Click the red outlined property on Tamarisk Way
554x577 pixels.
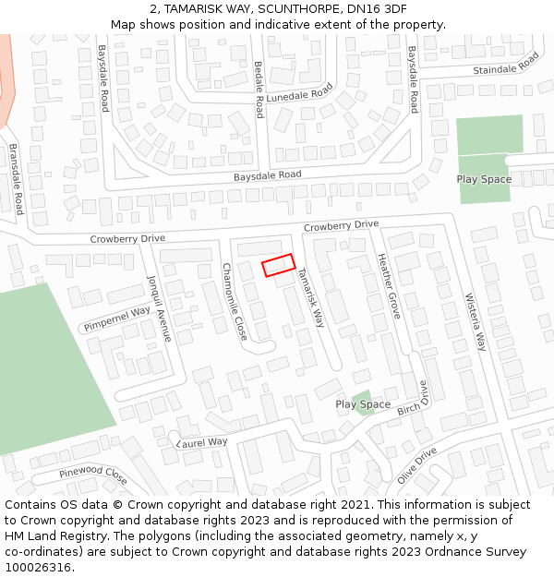coord(278,265)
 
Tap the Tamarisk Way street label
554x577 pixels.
coord(311,298)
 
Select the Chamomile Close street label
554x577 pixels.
coord(235,300)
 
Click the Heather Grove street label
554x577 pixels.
coord(388,286)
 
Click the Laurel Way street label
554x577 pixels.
coord(202,442)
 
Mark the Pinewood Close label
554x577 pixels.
coord(93,475)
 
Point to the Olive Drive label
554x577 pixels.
coord(416,465)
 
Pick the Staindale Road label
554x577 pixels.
coord(505,65)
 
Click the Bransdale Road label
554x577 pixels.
coord(15,179)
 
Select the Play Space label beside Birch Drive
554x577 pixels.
coord(363,404)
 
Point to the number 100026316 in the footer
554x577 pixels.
coord(38,567)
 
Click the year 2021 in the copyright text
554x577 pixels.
coord(346,505)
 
